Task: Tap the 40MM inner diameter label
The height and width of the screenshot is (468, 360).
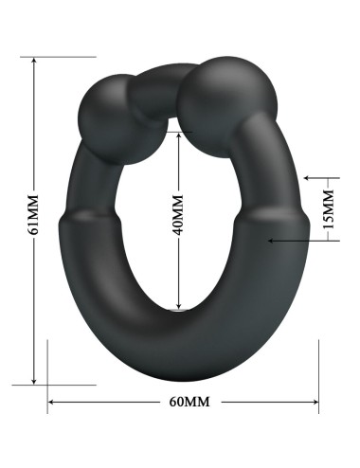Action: (177, 216)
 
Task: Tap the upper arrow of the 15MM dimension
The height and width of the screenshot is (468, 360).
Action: (308, 177)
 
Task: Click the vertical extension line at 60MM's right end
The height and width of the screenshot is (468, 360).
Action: (318, 379)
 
